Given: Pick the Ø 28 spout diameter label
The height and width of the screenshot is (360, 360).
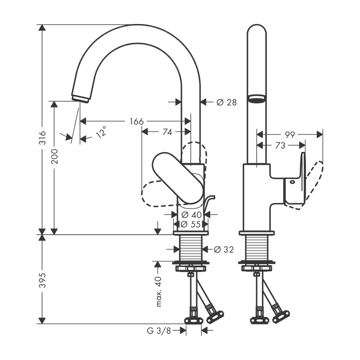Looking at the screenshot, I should (226, 102).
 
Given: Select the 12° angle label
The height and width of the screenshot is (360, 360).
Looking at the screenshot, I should (101, 132).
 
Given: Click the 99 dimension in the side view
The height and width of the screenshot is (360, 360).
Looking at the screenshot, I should (290, 135).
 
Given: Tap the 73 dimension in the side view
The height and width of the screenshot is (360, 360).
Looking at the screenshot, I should (280, 146).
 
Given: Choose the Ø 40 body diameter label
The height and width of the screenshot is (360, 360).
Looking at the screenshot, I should (190, 215).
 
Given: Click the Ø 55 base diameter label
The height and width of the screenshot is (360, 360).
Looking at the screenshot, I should (190, 224).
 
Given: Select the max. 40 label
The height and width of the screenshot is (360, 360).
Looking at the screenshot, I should (159, 291).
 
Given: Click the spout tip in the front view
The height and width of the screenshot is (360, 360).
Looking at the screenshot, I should (80, 98).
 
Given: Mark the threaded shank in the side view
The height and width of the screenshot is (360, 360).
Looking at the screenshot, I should (256, 248).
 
